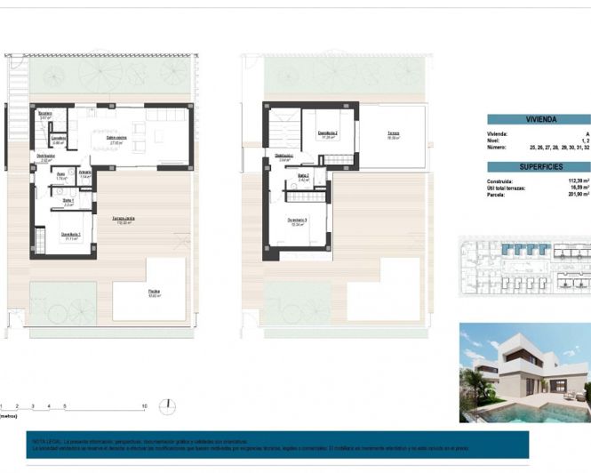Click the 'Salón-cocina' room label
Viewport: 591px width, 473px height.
pos(116,138)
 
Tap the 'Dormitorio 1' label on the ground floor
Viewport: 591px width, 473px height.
pos(71,234)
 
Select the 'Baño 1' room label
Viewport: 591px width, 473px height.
pos(68,202)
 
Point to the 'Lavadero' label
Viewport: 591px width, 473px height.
pos(58,138)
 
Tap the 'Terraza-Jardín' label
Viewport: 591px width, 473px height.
pos(123,219)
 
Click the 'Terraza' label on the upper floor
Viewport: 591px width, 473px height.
pos(393,134)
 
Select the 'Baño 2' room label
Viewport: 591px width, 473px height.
pos(303,176)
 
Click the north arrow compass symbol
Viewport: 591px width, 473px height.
pos(167,406)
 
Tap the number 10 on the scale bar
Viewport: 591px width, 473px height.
pos(144,405)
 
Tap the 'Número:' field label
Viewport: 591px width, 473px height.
pos(499,147)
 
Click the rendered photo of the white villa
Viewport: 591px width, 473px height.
pos(524,373)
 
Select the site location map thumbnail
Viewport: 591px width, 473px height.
pos(524,264)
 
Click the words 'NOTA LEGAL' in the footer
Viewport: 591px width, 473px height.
pos(46,440)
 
